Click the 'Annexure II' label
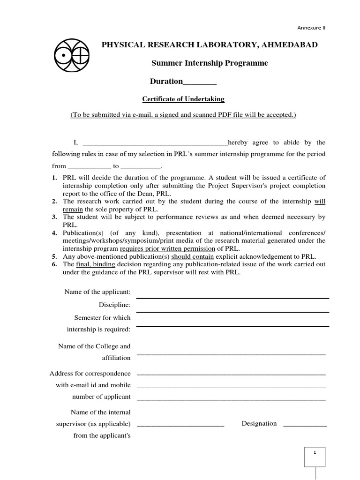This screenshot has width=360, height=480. [x=311, y=28]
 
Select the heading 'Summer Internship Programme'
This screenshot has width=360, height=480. [x=210, y=63]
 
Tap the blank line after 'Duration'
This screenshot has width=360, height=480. [x=200, y=82]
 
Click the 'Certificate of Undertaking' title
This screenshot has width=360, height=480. [x=183, y=99]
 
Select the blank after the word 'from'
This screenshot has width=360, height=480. [x=90, y=166]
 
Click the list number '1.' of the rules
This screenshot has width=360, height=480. [x=54, y=178]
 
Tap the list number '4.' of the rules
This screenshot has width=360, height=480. [x=54, y=233]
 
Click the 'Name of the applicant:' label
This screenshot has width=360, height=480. [x=97, y=292]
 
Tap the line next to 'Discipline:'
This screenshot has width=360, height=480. [x=232, y=312]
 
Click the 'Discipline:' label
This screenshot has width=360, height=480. [x=114, y=305]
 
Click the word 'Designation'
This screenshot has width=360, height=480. [x=259, y=423]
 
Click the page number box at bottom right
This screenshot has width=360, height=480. [x=315, y=457]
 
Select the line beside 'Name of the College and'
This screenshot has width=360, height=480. [x=232, y=354]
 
